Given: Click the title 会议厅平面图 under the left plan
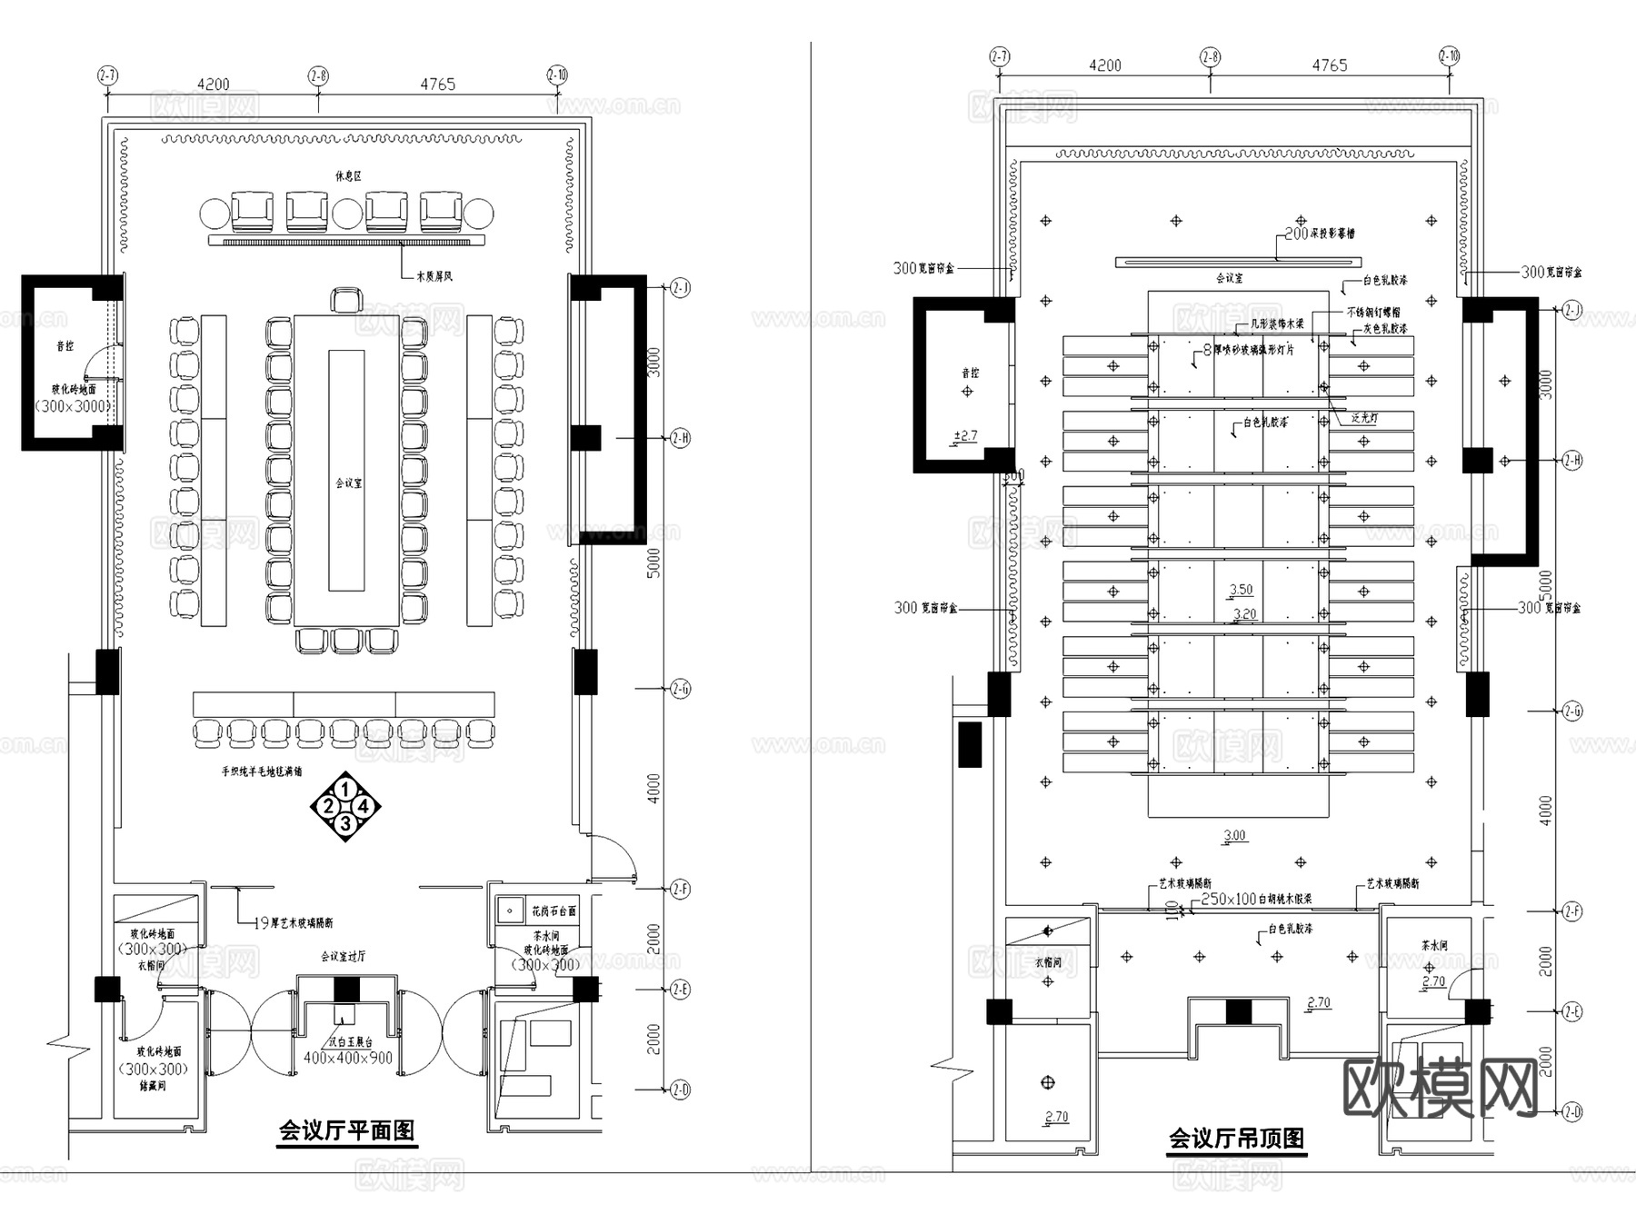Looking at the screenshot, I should pyautogui.click(x=346, y=1130).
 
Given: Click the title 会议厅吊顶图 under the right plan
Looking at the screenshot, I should pyautogui.click(x=1236, y=1139).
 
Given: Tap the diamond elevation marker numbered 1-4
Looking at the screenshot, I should pyautogui.click(x=345, y=806).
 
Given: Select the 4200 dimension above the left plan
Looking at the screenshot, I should pyautogui.click(x=213, y=85).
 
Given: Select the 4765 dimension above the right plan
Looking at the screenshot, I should pyautogui.click(x=1329, y=65).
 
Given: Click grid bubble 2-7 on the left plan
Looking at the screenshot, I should pyautogui.click(x=107, y=76).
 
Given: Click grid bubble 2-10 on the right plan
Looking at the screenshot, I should pyautogui.click(x=1449, y=56).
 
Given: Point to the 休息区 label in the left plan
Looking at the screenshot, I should pyautogui.click(x=347, y=175).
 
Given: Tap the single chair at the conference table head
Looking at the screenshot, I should pyautogui.click(x=345, y=300).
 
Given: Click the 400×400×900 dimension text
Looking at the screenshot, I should pyautogui.click(x=348, y=1058).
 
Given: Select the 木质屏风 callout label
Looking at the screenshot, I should pyautogui.click(x=434, y=274).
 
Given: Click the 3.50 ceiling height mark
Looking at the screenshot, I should pyautogui.click(x=1241, y=590).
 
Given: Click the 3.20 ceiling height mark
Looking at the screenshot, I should pyautogui.click(x=1244, y=614).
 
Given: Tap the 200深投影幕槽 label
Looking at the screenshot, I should pyautogui.click(x=1319, y=234).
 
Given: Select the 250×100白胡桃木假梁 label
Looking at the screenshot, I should pyautogui.click(x=1256, y=899).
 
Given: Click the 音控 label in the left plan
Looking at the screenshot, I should pyautogui.click(x=65, y=346).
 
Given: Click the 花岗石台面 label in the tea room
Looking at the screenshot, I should pyautogui.click(x=554, y=911).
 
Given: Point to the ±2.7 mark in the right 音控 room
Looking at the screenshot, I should pyautogui.click(x=964, y=436).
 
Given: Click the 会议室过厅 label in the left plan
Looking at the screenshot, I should pyautogui.click(x=343, y=957).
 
